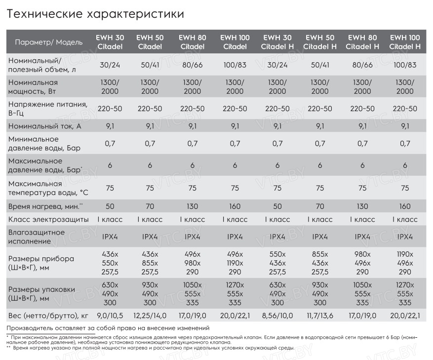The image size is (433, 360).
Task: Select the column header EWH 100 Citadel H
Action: click(x=405, y=42)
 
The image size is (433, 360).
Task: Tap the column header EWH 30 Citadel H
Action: click(x=277, y=42)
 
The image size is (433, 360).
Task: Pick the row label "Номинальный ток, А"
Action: click(x=45, y=126)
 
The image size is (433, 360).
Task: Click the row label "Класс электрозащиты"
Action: click(x=48, y=219)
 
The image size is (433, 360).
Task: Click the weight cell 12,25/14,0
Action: click(x=150, y=316)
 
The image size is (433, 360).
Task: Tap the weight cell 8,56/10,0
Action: click(x=277, y=316)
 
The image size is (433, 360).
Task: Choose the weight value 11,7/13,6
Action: click(x=320, y=316)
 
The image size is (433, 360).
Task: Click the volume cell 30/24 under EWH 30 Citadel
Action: click(x=110, y=65)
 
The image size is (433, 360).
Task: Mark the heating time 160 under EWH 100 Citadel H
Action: click(x=405, y=206)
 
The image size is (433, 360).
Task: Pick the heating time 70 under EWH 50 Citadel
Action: click(x=150, y=206)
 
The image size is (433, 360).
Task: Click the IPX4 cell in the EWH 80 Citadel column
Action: click(x=193, y=237)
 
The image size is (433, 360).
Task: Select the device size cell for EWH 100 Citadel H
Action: click(x=405, y=263)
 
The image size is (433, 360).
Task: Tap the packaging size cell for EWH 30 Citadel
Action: click(x=110, y=294)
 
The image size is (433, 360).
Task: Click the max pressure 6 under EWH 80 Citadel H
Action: click(x=362, y=165)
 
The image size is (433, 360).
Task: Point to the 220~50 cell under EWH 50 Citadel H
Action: click(x=320, y=109)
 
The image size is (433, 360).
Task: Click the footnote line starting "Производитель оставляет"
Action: click(x=108, y=328)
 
